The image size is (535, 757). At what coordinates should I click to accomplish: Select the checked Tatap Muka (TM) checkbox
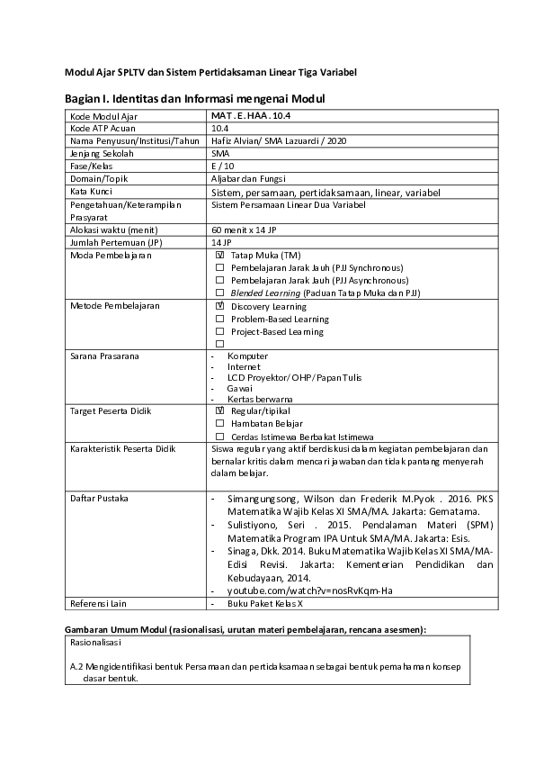point(219,256)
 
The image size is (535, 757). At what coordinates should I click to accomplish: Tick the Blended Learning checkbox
point(219,293)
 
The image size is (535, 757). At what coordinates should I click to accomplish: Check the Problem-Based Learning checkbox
point(219,320)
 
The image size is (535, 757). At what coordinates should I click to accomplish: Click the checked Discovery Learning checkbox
point(219,307)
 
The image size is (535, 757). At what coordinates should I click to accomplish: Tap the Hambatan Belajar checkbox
point(219,423)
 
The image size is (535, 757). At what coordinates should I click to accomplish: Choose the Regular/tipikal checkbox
point(219,410)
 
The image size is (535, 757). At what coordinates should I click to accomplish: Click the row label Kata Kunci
point(91,192)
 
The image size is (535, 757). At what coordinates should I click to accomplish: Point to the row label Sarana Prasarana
point(104,356)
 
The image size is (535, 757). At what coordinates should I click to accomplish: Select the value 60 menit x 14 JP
point(244,230)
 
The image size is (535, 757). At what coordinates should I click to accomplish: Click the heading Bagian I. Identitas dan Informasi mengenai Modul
point(194,98)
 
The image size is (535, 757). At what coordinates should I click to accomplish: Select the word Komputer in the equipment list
point(247,356)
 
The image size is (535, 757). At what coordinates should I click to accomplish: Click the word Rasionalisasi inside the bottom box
point(96,644)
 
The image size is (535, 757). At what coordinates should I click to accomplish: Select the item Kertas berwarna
point(261,399)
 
